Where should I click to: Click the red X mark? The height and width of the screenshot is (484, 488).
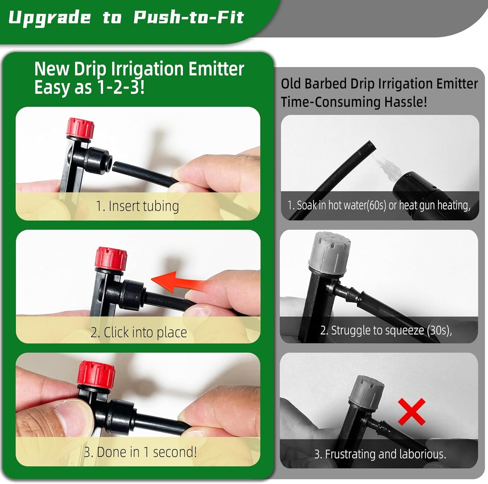(411, 412)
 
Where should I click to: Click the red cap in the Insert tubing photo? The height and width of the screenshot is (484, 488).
(80, 128)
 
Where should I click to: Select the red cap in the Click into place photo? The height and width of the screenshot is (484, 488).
(111, 258)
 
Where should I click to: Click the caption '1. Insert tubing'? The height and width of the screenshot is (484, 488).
(137, 206)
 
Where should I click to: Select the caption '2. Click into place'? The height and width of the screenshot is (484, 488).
(138, 332)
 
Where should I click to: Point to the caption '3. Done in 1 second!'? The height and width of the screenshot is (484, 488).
(140, 452)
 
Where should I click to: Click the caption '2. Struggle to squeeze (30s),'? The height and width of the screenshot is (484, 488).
(386, 330)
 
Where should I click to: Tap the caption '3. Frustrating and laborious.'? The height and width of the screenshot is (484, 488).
(380, 454)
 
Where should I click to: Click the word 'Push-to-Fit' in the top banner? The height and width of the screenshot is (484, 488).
(188, 18)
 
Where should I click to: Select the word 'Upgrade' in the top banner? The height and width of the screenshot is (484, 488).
(50, 18)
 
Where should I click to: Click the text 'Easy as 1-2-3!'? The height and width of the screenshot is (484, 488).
(89, 88)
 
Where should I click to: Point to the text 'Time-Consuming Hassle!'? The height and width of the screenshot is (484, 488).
(354, 102)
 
